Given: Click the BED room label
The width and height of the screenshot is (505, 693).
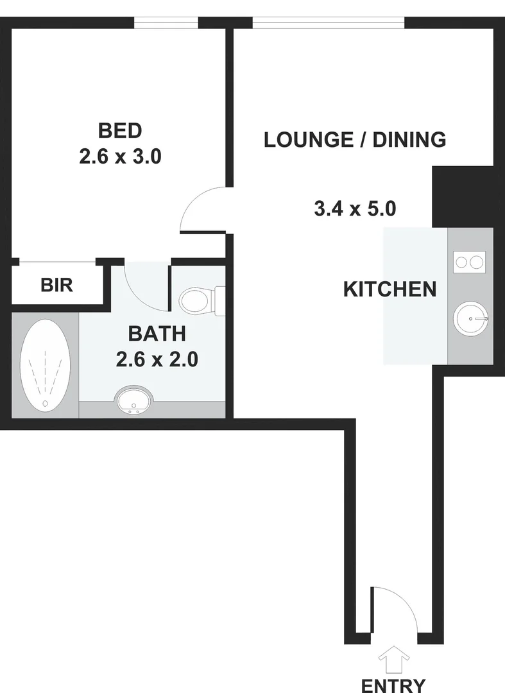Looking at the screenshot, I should coord(119,131).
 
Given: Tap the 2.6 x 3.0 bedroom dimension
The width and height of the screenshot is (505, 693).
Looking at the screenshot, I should coord(119,157).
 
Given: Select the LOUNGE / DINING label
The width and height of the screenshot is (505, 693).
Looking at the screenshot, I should coord(355,139).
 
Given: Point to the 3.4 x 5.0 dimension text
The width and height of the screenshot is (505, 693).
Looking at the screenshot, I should coord(355,209).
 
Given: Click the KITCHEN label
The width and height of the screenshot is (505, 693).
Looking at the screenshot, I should coord(390,289).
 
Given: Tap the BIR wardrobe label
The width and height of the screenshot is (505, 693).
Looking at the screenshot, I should coord(57,285).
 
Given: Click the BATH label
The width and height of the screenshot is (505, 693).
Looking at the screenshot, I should coord(157,334).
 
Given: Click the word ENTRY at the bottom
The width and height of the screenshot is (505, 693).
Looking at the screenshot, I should coord(393,684).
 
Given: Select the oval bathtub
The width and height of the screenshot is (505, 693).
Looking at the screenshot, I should coord(45,364).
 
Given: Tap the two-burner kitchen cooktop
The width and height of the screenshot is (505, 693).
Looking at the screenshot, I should coord(470,261).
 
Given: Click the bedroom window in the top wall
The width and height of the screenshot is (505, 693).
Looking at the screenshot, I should coord(166,22).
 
